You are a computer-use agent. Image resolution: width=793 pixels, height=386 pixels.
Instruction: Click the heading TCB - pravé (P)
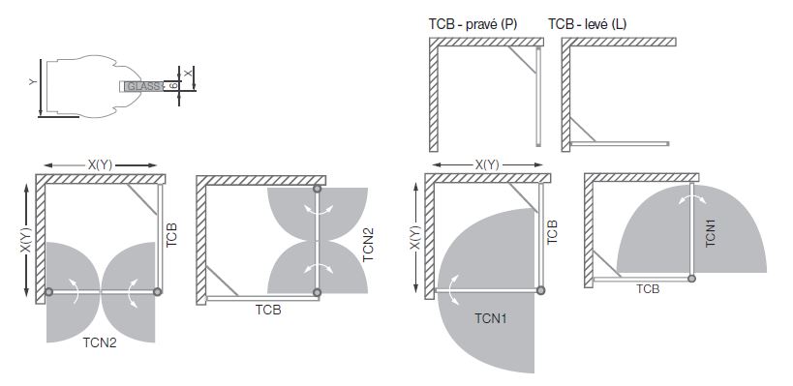(x=473, y=24)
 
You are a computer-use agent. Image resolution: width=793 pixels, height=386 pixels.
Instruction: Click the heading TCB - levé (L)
(x=587, y=24)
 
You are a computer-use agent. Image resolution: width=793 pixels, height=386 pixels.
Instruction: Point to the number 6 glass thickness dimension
(x=173, y=86)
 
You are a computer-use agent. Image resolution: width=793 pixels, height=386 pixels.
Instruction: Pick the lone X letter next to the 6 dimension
(x=188, y=74)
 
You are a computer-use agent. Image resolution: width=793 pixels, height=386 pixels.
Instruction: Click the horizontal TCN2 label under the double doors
(x=100, y=342)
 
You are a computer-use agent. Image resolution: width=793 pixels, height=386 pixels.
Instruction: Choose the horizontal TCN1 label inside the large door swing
(x=491, y=318)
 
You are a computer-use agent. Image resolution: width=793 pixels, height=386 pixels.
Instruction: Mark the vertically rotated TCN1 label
(x=711, y=232)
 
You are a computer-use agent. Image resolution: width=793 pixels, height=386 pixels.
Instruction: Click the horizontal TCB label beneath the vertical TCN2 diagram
(x=268, y=310)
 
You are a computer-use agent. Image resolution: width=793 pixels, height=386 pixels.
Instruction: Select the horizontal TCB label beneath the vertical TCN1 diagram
(x=648, y=289)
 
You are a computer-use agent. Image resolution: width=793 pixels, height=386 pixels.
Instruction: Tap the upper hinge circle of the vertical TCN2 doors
(x=317, y=189)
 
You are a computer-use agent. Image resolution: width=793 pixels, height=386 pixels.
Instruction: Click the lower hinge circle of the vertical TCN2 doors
(x=317, y=292)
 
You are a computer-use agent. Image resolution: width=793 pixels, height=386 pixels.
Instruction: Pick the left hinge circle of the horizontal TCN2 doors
(x=48, y=291)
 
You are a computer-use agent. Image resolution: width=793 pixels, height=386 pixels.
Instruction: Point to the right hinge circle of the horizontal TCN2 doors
(x=157, y=291)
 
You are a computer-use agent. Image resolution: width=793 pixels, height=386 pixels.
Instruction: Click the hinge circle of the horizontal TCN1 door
(x=540, y=290)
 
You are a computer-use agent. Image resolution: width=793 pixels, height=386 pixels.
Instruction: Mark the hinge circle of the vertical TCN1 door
(x=692, y=278)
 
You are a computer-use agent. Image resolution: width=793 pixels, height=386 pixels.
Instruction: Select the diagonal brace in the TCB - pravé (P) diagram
(x=523, y=60)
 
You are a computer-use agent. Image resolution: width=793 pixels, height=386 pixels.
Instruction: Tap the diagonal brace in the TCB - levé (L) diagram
(x=583, y=131)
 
